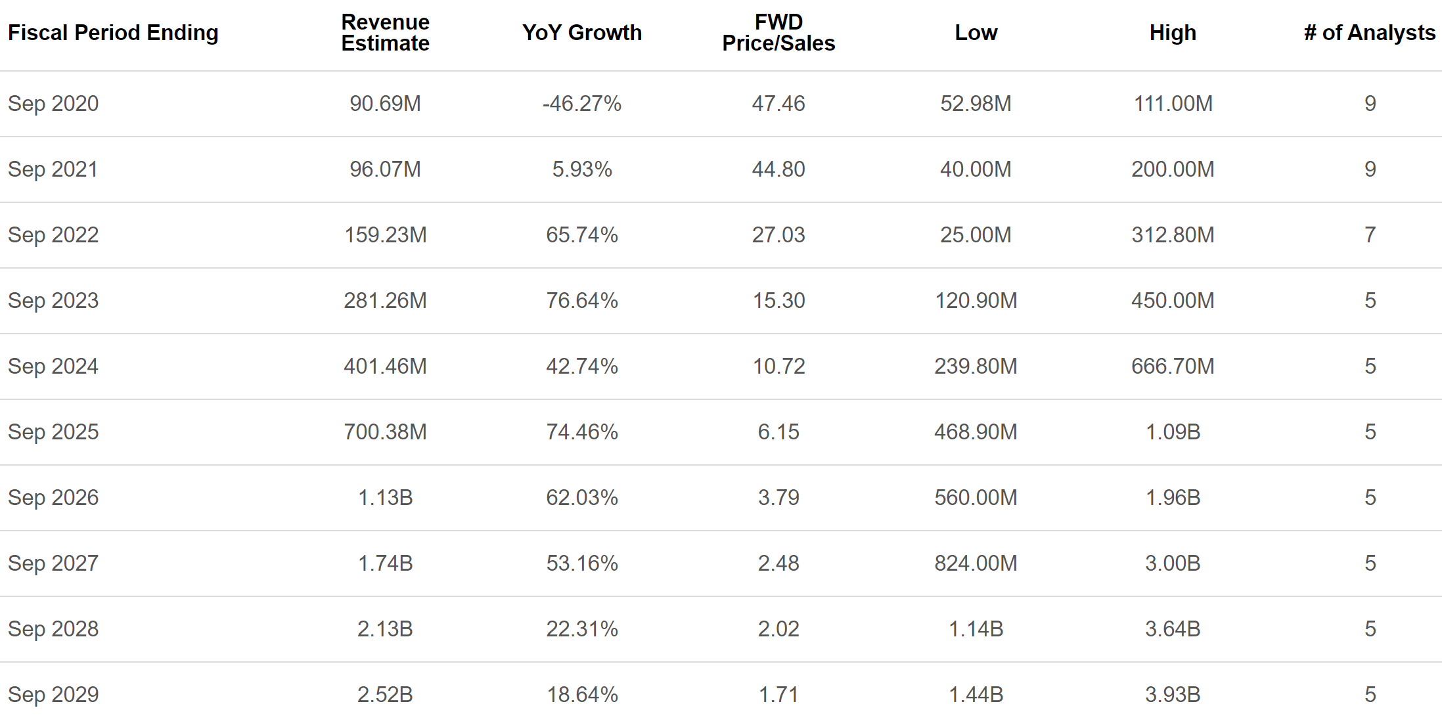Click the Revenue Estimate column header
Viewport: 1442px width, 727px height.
385,32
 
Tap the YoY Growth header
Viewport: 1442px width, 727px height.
581,32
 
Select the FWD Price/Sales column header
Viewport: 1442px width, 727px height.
778,32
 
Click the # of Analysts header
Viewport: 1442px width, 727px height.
1369,32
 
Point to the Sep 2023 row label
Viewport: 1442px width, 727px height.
53,300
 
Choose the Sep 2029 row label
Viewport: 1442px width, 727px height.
53,694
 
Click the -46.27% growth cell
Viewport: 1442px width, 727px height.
581,103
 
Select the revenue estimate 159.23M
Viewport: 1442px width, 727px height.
385,234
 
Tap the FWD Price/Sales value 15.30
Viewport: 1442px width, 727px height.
778,300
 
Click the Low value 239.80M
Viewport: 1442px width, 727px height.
976,366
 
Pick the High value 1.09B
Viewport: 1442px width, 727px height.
1173,431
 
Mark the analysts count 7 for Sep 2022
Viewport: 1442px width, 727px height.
1370,234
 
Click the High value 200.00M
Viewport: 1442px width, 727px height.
1173,169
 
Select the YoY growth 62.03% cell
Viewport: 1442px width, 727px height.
581,497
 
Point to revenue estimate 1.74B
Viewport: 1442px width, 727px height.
385,563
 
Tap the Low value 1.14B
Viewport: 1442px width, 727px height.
976,628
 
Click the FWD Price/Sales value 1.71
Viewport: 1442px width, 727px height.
778,694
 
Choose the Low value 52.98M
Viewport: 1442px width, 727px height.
976,103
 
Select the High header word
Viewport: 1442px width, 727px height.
1173,32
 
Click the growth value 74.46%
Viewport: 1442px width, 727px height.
581,431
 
